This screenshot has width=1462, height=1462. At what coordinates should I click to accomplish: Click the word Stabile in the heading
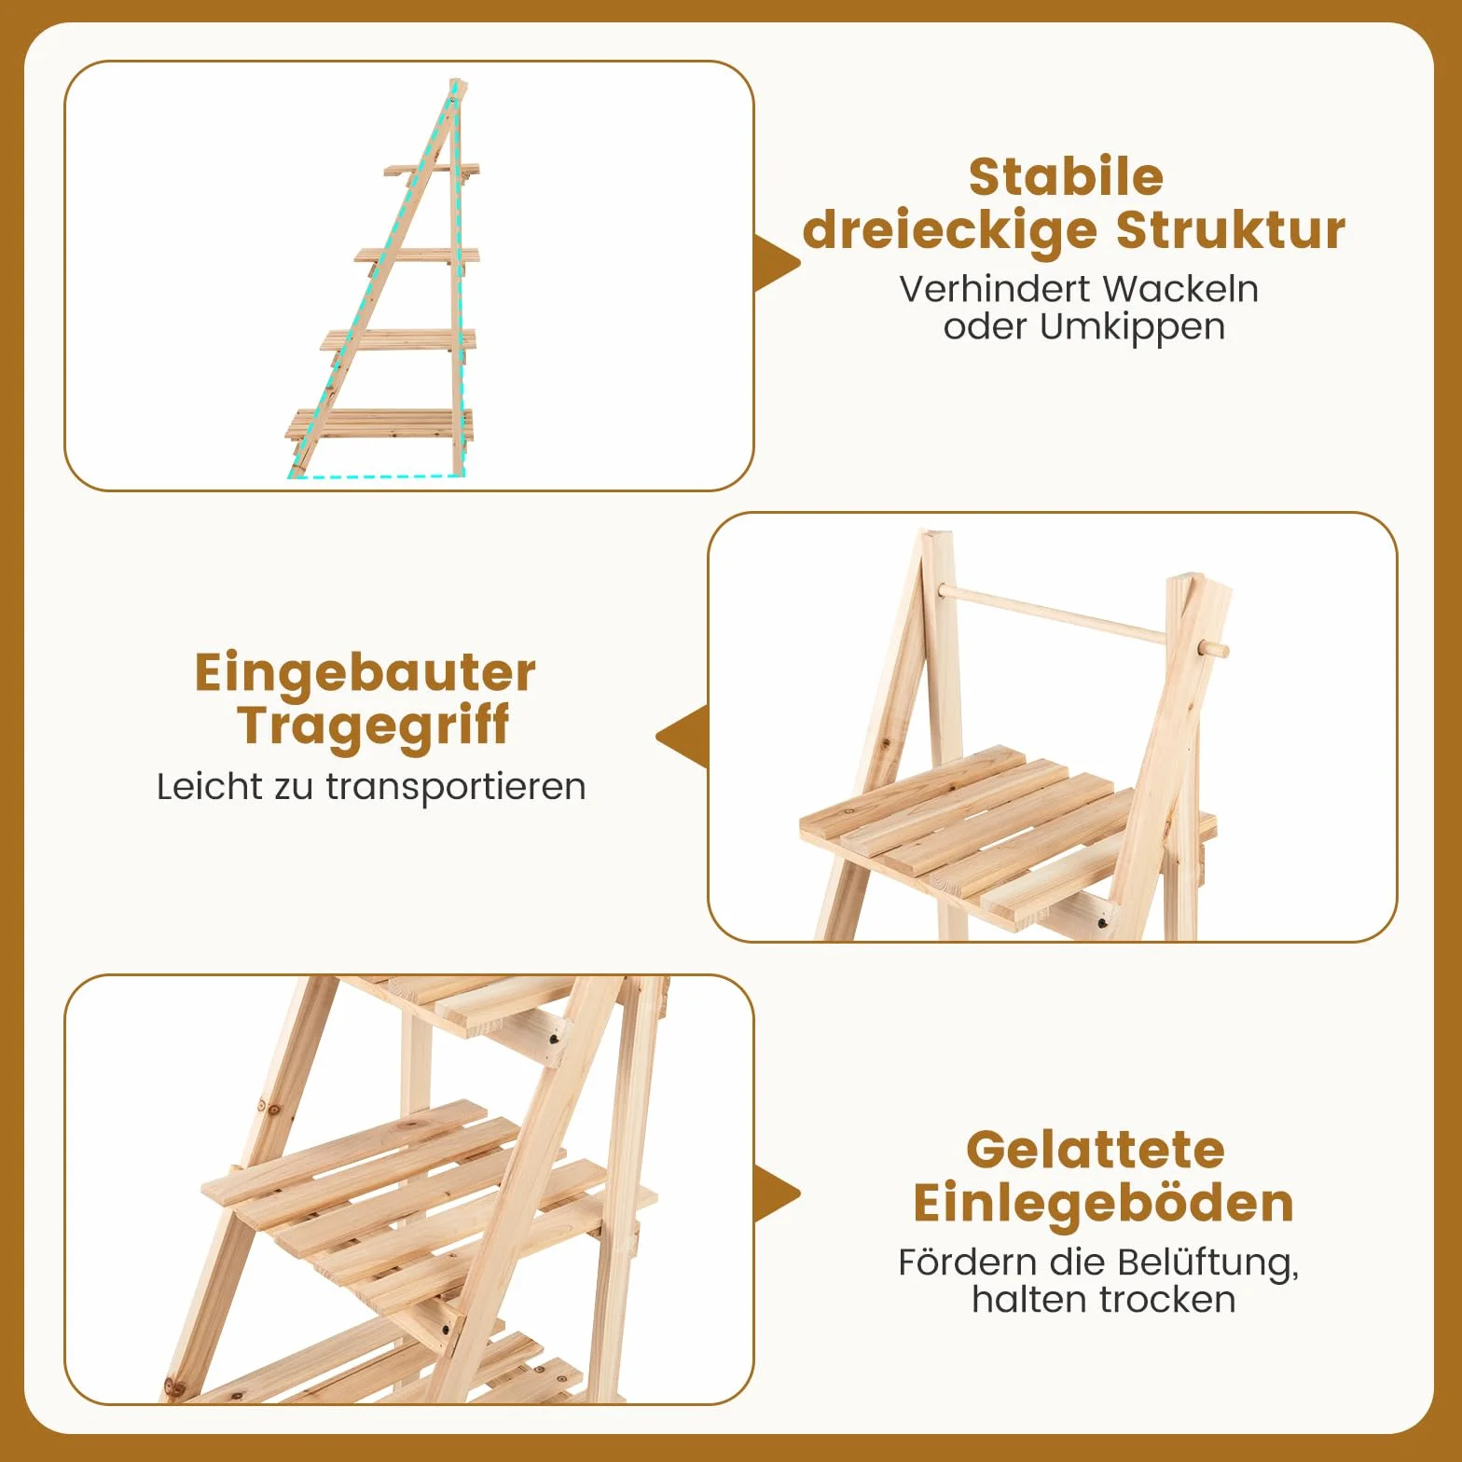pos(1066,177)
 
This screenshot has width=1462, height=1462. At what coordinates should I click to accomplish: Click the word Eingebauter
pos(365,673)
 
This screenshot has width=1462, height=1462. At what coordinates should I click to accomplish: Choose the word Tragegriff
pos(373,726)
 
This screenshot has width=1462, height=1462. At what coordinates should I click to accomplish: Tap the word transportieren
pos(456,787)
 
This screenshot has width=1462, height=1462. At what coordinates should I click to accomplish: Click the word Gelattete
pos(1096,1150)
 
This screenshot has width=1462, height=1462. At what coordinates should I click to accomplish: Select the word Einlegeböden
pos(1104,1203)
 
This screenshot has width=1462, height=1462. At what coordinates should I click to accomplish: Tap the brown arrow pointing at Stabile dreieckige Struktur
pos(777,263)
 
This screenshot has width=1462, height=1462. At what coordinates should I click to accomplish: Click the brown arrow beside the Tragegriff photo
pos(683,737)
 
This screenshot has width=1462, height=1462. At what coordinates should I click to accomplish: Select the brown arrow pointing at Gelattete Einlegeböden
pos(777,1193)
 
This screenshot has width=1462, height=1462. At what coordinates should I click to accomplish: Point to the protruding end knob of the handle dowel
pos(1214,649)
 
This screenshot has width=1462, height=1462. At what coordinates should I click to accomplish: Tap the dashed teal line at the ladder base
pos(377,476)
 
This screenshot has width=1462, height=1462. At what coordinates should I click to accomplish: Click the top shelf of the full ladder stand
pos(431,171)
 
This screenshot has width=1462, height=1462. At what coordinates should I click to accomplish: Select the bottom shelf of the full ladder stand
pos(379,424)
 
